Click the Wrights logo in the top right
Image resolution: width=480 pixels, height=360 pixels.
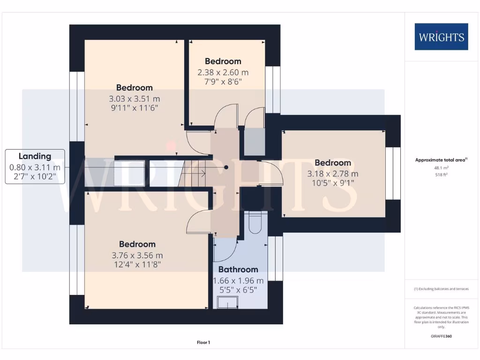tap(441, 37)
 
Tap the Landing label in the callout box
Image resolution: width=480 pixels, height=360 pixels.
tap(35, 156)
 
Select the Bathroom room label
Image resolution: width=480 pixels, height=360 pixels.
tap(238, 270)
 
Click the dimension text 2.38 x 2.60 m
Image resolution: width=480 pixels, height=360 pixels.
tap(223, 73)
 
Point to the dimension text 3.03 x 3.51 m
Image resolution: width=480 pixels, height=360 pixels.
tap(135, 99)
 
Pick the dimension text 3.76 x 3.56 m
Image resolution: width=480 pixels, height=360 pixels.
tap(137, 255)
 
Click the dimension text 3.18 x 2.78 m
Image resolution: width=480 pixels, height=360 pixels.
tap(333, 174)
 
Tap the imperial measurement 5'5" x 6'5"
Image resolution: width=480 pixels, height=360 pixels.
tap(238, 290)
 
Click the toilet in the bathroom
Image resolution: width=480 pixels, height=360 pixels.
tap(255, 223)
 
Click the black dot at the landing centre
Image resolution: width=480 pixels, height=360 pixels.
tap(226, 167)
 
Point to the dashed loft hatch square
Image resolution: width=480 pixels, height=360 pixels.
tap(129, 174)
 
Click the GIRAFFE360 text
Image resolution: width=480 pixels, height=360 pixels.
tap(441, 336)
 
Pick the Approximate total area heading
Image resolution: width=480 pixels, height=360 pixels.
tap(441, 160)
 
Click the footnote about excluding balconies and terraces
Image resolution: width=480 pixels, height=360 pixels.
tap(441, 289)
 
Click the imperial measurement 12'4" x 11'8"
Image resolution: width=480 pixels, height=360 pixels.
tap(137, 265)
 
